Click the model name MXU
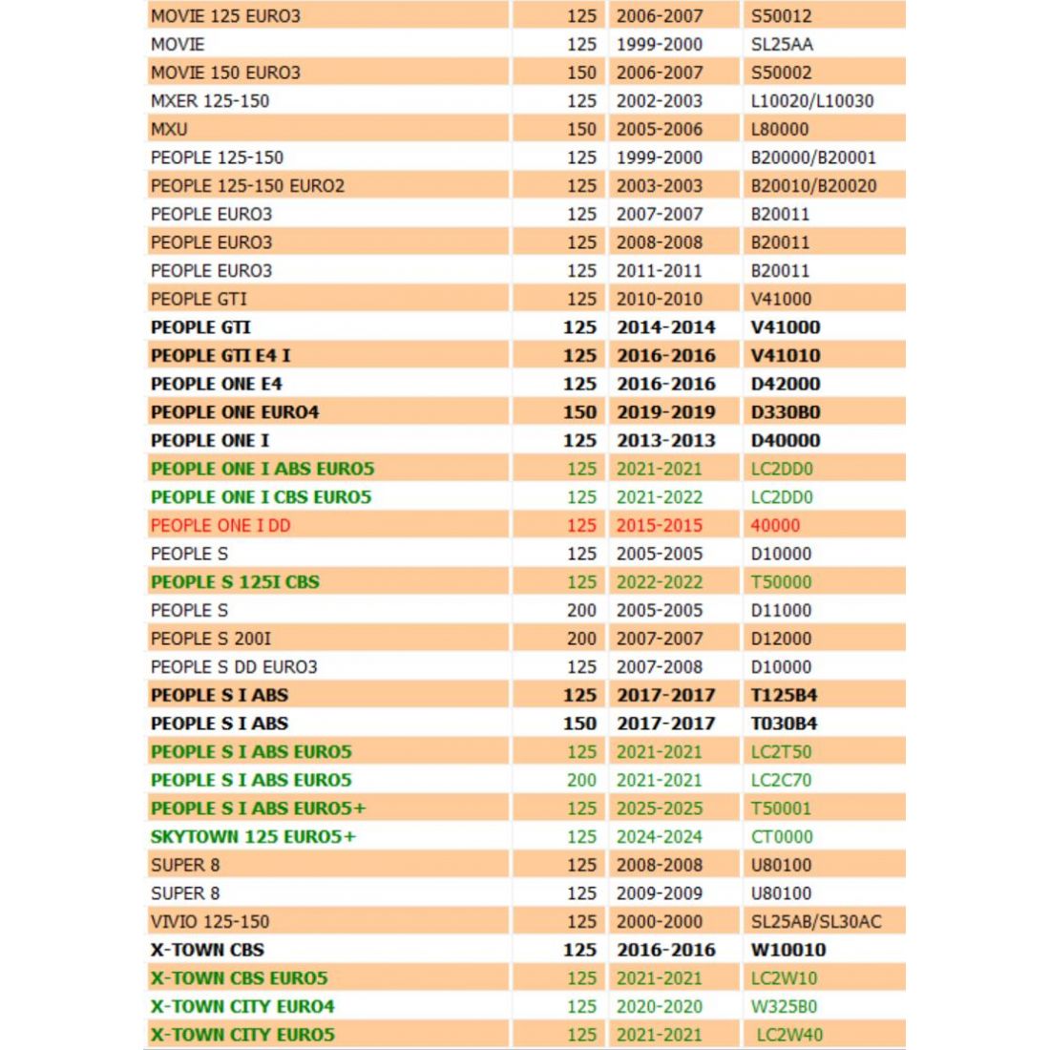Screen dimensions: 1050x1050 coord(169,129)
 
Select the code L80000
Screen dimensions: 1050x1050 coord(779,129)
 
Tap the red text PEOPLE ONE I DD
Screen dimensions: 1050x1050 coord(220,525)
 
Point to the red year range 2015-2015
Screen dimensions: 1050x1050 coord(659,525)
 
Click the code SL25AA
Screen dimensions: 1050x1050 coord(782,44)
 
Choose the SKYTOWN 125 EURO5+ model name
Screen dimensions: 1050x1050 coord(253,837)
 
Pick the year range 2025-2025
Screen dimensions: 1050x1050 coord(659,808)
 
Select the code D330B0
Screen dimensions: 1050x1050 coord(785,412)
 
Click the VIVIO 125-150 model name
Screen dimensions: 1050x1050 coord(210,922)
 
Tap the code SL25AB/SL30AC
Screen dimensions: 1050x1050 coord(816,922)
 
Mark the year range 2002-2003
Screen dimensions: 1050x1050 coord(659,100)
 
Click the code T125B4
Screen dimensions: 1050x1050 coord(784,695)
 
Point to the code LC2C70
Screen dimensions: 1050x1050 coord(781,780)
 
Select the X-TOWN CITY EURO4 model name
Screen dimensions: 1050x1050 coord(242,1006)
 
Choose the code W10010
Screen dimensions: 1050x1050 coord(788,950)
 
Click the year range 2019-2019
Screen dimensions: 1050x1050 coord(665,412)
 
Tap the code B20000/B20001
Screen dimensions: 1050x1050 coord(813,157)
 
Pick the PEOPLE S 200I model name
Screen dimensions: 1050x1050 coord(211,639)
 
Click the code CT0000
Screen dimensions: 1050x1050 coord(782,837)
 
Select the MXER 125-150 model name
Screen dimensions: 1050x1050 coord(210,100)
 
